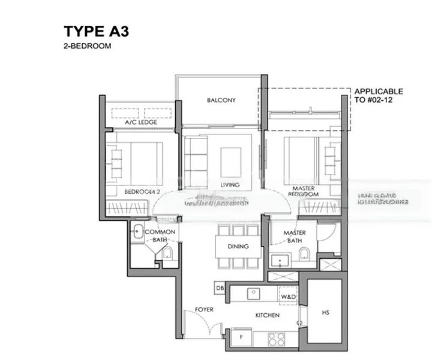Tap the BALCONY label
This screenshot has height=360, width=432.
click(221, 100)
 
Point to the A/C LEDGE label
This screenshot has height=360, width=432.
click(140, 122)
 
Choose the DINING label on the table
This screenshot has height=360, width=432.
click(238, 246)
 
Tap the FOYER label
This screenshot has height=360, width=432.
click(205, 310)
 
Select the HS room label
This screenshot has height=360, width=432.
click(325, 313)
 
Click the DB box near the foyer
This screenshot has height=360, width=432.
click(220, 289)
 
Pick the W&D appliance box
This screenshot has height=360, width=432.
click(288, 296)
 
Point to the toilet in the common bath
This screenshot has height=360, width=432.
click(167, 253)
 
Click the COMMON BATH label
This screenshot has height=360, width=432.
click(160, 236)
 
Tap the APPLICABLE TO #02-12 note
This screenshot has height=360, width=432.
click(379, 96)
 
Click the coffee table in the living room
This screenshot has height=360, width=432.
click(230, 160)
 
